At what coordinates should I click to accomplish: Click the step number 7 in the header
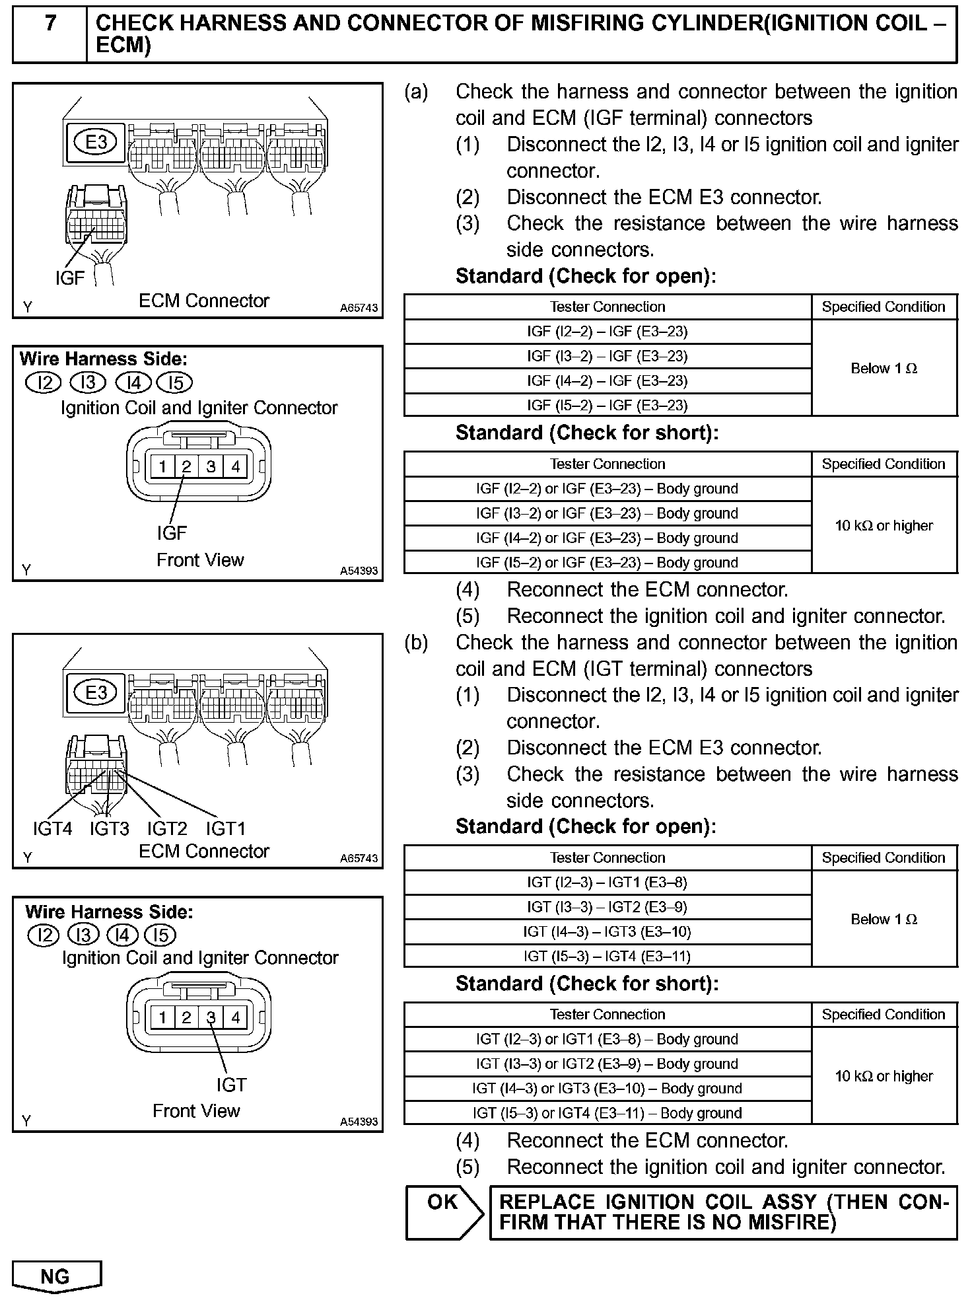pyautogui.click(x=50, y=24)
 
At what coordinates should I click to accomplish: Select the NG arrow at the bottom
pyautogui.click(x=55, y=1277)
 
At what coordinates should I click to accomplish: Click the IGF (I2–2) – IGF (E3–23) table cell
pyautogui.click(x=607, y=332)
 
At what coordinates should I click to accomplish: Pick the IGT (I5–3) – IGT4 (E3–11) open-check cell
pyautogui.click(x=607, y=956)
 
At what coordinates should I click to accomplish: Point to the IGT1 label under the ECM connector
pyautogui.click(x=226, y=828)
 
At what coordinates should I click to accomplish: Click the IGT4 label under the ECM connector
pyautogui.click(x=52, y=828)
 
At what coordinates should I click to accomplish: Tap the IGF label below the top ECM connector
pyautogui.click(x=70, y=279)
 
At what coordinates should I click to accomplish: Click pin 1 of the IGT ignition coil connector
pyautogui.click(x=162, y=1017)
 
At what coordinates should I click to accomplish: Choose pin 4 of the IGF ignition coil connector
pyautogui.click(x=236, y=467)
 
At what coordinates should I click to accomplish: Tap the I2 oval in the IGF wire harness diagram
pyautogui.click(x=43, y=383)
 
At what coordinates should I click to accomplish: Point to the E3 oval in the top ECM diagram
pyautogui.click(x=96, y=142)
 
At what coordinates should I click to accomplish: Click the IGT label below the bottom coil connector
pyautogui.click(x=231, y=1085)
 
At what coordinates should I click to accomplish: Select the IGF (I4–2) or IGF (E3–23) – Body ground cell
pyautogui.click(x=607, y=538)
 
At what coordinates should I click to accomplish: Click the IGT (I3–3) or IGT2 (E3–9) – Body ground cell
pyautogui.click(x=607, y=1064)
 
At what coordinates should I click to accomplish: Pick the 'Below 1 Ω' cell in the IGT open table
pyautogui.click(x=884, y=919)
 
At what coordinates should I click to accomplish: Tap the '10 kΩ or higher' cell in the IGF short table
pyautogui.click(x=884, y=526)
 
